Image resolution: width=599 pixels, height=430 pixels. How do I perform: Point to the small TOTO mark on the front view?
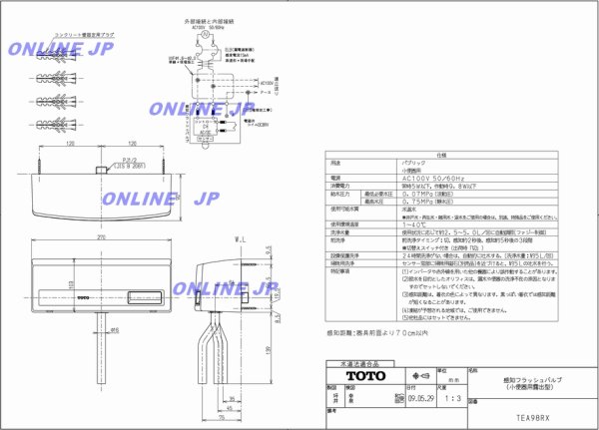[x=83, y=297]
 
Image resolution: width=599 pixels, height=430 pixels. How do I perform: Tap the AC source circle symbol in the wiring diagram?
[x=207, y=36]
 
